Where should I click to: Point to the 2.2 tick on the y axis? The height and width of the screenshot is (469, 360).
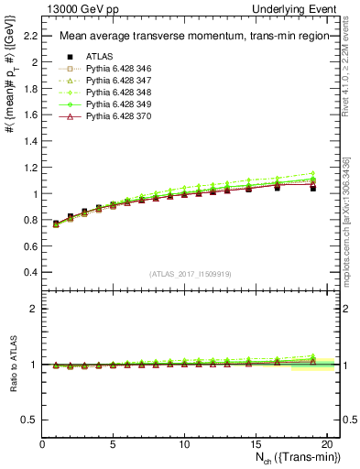[30, 36]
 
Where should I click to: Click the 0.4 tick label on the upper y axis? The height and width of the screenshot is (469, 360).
[30, 273]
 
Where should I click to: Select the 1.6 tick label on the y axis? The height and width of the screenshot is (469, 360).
[30, 115]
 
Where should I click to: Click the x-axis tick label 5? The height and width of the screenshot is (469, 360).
[114, 445]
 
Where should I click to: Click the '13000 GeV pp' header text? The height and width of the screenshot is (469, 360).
[76, 8]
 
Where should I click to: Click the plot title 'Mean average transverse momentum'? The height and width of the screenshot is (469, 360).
[183, 37]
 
